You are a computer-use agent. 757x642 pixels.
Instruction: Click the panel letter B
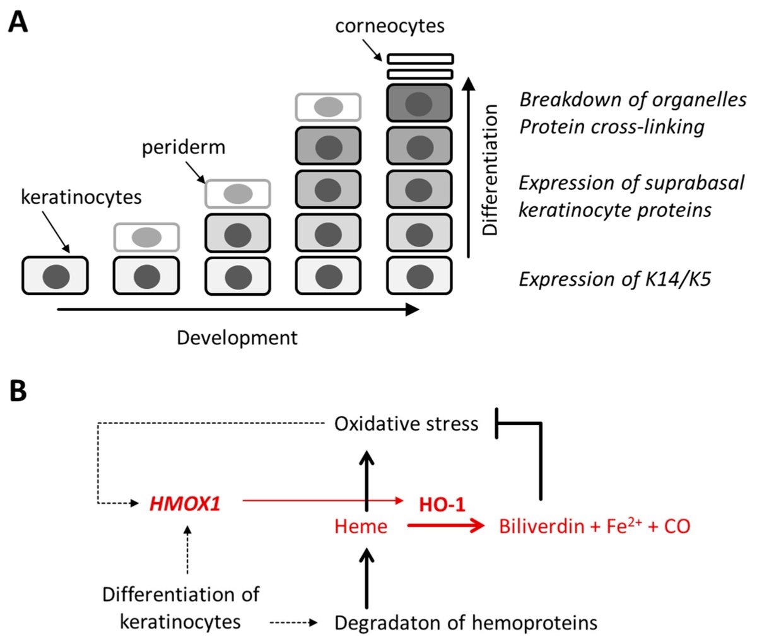(x=18, y=391)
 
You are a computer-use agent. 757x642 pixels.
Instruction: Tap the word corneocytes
(x=390, y=26)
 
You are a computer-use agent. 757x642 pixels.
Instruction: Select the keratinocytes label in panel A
(x=81, y=197)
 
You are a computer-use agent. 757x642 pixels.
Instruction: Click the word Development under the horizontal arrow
(x=237, y=338)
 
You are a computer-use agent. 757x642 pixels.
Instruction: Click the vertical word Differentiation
(x=490, y=170)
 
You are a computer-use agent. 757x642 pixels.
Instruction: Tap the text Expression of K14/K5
(x=614, y=278)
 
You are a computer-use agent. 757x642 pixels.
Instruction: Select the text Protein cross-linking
(x=611, y=127)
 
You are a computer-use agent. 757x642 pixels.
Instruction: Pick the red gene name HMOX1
(x=185, y=504)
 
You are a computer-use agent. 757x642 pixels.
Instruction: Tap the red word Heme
(x=361, y=526)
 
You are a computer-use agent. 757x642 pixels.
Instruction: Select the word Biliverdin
(x=538, y=526)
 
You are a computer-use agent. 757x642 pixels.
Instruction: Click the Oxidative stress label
(x=406, y=423)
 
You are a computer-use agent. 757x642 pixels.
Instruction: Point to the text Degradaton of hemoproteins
(x=466, y=623)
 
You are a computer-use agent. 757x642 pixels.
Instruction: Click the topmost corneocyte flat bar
(x=421, y=59)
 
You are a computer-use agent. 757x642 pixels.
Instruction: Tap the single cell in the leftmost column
(x=55, y=276)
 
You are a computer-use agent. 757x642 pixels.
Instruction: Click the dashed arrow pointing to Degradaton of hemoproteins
(x=293, y=623)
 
